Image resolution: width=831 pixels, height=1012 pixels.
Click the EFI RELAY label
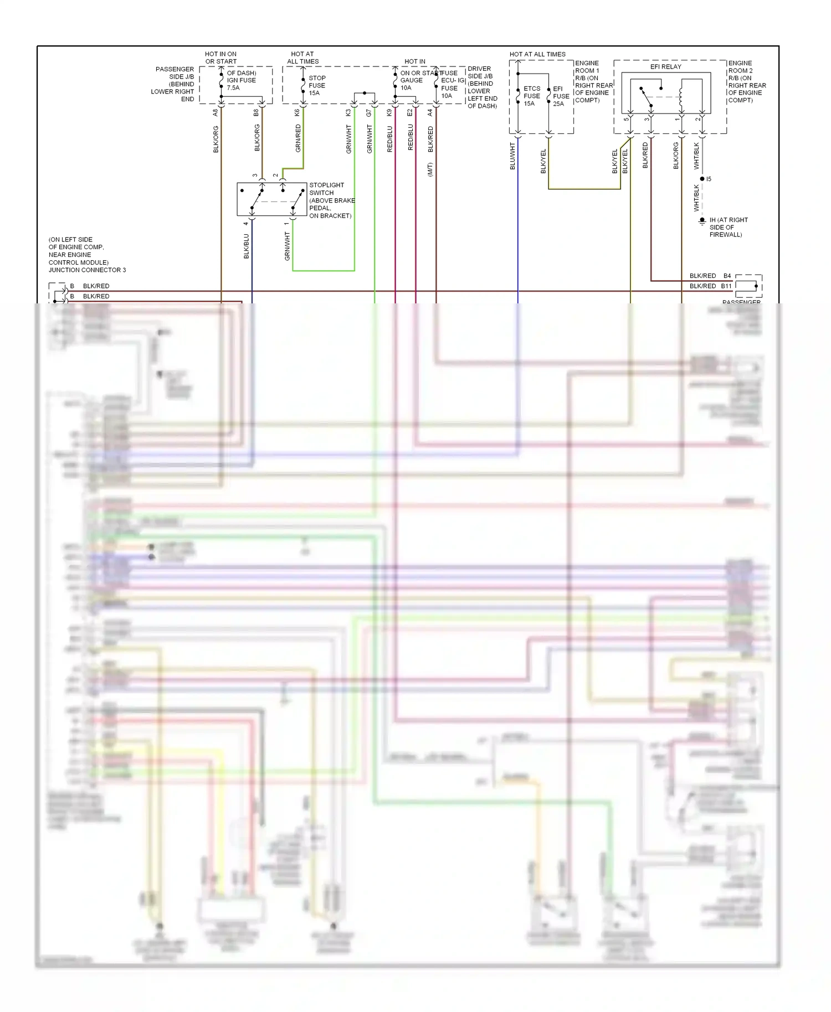pos(665,66)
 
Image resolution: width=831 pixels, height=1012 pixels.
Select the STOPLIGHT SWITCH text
pos(326,189)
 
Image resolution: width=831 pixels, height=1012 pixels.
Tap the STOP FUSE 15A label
pos(317,85)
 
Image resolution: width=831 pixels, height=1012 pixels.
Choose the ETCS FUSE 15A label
pos(531,96)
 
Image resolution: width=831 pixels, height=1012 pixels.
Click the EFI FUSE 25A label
pos(561,96)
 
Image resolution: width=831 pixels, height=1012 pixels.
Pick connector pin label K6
pos(297,112)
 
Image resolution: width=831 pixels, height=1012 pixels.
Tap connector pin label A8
pos(216,112)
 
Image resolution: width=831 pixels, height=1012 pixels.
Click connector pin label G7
pos(369,112)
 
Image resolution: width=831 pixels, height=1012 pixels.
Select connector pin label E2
pos(410,112)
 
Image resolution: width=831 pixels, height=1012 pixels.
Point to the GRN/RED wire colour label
pos(298,138)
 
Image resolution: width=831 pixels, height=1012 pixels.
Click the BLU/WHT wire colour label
pos(512,156)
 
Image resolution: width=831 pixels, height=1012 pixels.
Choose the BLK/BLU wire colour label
pos(246,246)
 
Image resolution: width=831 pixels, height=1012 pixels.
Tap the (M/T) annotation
pos(430,169)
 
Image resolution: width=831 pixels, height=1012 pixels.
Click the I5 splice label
pos(709,179)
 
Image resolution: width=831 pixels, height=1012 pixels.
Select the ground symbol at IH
pos(702,221)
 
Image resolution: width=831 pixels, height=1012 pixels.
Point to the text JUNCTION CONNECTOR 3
pos(87,270)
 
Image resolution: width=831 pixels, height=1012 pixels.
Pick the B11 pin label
pos(726,286)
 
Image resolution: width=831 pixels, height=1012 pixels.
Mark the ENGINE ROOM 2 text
pos(740,67)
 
